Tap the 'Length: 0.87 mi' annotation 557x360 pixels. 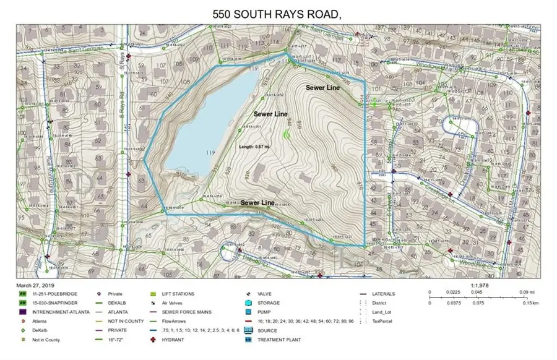pyautogui.click(x=256, y=146)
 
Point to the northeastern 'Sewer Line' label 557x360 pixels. pyautogui.click(x=323, y=88)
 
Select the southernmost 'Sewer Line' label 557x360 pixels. pyautogui.click(x=257, y=203)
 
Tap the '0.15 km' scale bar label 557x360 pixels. pyautogui.click(x=526, y=304)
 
